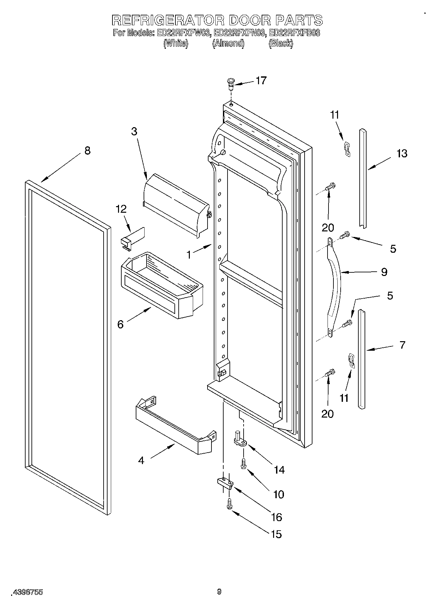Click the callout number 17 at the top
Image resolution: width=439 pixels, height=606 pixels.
coord(261,80)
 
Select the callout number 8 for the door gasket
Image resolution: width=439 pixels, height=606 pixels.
coord(87,151)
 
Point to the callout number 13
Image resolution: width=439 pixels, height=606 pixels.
coord(402,153)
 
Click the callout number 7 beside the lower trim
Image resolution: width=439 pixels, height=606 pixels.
coord(402,345)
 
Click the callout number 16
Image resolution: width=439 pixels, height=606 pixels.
coord(277,517)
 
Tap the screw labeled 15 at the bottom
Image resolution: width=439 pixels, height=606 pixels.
coord(229,503)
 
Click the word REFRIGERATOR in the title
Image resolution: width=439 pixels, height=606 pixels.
coord(168,20)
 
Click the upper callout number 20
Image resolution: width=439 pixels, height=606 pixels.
coord(328,227)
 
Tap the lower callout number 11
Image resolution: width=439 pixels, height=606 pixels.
coord(344,398)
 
